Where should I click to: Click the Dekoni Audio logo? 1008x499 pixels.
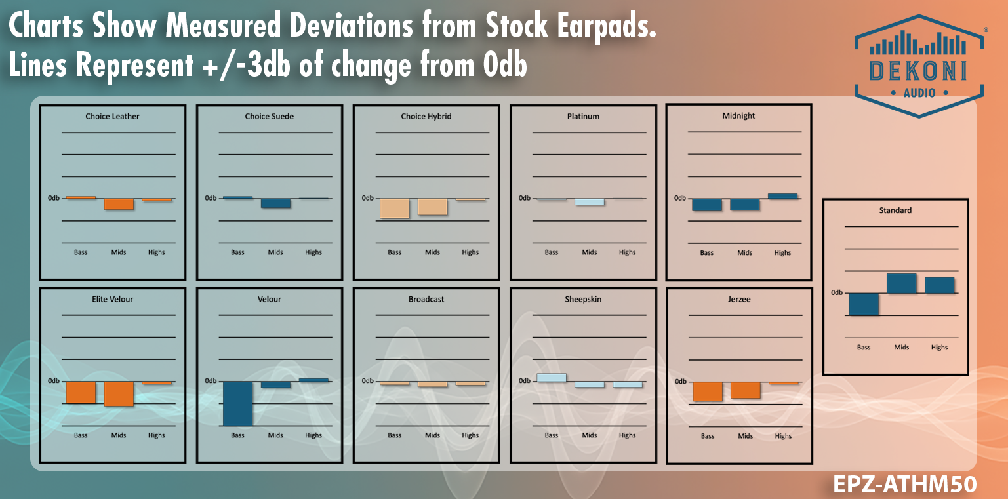tap(918, 66)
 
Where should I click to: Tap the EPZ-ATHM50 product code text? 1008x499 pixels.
tap(904, 485)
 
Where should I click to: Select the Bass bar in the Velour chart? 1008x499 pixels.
tap(237, 403)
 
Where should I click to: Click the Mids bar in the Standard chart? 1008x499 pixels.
tap(902, 283)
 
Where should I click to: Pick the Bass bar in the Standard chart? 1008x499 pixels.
tap(864, 304)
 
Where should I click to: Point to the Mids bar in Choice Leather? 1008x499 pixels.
tap(119, 204)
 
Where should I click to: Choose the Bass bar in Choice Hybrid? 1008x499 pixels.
tap(394, 208)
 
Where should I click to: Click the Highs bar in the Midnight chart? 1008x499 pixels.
tap(782, 196)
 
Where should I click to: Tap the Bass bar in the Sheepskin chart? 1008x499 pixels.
tap(551, 378)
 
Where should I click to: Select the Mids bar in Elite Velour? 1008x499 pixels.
tap(119, 393)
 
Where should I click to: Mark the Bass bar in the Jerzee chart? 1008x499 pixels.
tap(707, 391)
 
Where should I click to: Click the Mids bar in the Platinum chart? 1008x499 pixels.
tap(589, 202)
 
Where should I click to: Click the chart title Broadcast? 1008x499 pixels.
tap(426, 299)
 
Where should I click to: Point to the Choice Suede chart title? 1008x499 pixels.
tap(269, 116)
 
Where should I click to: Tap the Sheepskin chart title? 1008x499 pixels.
tap(583, 299)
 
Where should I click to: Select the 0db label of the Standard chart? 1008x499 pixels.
tap(837, 292)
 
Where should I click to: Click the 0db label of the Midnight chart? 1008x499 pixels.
tap(680, 198)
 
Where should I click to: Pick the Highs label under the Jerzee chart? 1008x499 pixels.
tap(783, 436)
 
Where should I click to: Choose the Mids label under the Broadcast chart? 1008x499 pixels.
tap(432, 435)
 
